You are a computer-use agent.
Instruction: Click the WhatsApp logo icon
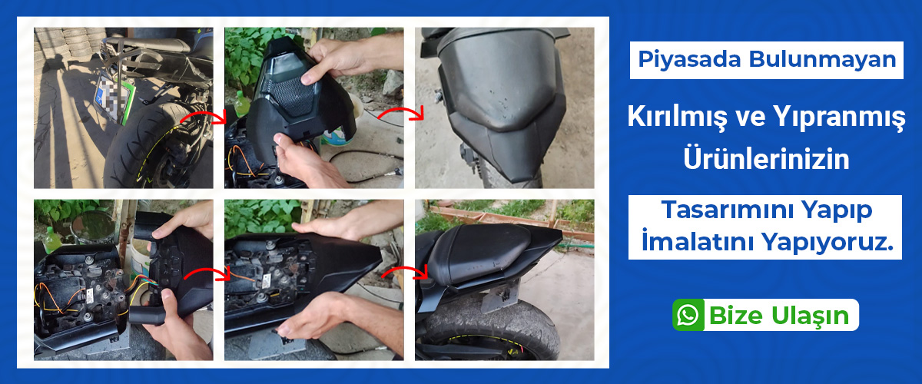click(x=688, y=316)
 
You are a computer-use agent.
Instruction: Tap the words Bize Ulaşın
click(x=779, y=316)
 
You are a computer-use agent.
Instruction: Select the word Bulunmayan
click(x=822, y=59)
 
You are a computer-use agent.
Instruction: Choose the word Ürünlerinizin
click(x=767, y=158)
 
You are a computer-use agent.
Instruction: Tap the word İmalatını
click(x=698, y=241)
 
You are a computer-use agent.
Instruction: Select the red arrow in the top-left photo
click(x=204, y=117)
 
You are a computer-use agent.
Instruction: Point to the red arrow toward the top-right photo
click(x=401, y=114)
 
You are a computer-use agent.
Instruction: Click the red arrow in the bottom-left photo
click(x=207, y=273)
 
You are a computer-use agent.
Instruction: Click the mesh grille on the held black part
click(x=291, y=96)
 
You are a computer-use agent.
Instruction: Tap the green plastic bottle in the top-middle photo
click(x=240, y=104)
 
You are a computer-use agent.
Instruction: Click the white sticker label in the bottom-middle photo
click(x=267, y=282)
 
